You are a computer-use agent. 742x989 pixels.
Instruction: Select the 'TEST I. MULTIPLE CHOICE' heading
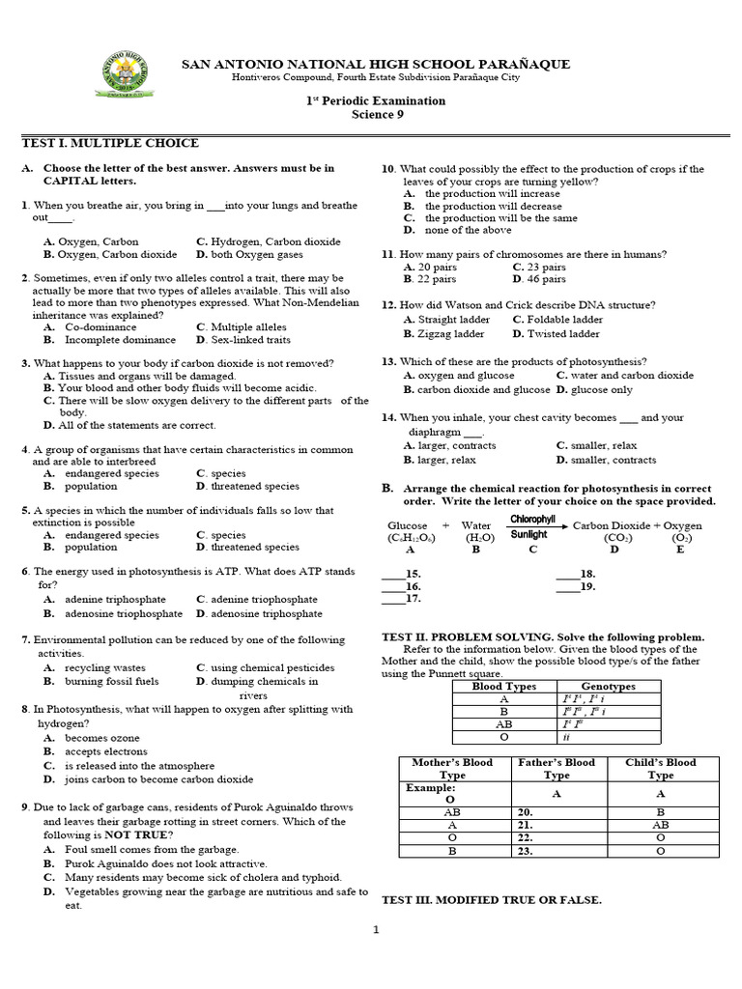[110, 143]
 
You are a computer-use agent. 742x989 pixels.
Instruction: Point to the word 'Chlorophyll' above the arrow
[532, 520]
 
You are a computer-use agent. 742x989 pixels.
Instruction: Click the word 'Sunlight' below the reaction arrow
[528, 534]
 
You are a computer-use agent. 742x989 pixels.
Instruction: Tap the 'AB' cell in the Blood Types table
[503, 723]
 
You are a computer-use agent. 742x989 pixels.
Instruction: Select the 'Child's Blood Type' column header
[661, 769]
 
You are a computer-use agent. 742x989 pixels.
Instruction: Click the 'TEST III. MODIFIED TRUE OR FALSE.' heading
[492, 900]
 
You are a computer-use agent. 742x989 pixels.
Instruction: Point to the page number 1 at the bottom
[377, 930]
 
